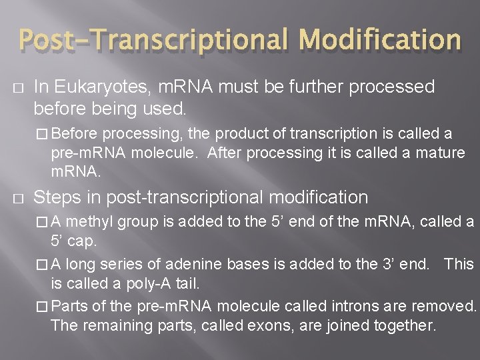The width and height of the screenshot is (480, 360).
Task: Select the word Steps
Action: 56,197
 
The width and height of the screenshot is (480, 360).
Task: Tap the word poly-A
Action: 153,283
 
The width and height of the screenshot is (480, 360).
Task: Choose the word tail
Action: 187,283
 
